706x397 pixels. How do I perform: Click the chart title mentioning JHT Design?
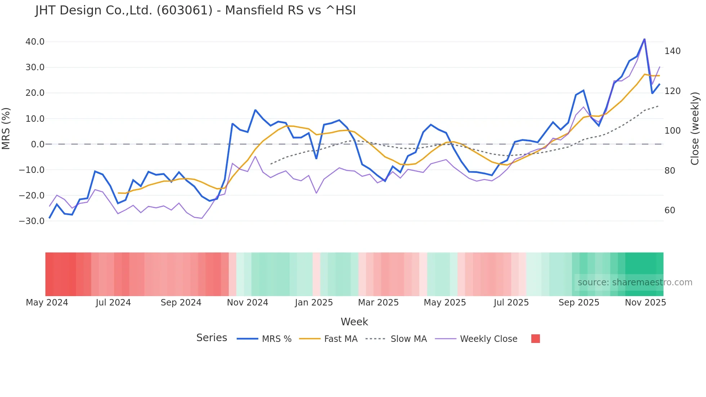click(x=195, y=10)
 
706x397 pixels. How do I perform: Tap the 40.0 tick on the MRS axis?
click(x=35, y=42)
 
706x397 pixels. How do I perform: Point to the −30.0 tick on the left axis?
click(x=32, y=221)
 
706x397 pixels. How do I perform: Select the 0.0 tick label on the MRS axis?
click(x=37, y=144)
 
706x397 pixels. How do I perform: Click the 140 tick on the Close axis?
click(x=673, y=51)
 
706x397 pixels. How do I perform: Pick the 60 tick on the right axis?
click(x=670, y=210)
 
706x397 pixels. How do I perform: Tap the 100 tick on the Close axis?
click(x=673, y=131)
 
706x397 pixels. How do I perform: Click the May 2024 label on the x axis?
click(x=47, y=303)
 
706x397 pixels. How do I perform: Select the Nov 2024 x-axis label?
click(x=247, y=303)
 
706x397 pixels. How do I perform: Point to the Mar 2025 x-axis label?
click(x=378, y=303)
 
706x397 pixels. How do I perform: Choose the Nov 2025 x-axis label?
click(x=645, y=303)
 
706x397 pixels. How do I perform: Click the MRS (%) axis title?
click(x=6, y=129)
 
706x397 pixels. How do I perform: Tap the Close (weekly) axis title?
click(x=695, y=129)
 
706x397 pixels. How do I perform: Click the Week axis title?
click(x=354, y=322)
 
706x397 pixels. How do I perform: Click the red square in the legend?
click(x=535, y=339)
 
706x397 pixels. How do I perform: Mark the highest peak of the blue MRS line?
click(x=644, y=39)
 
